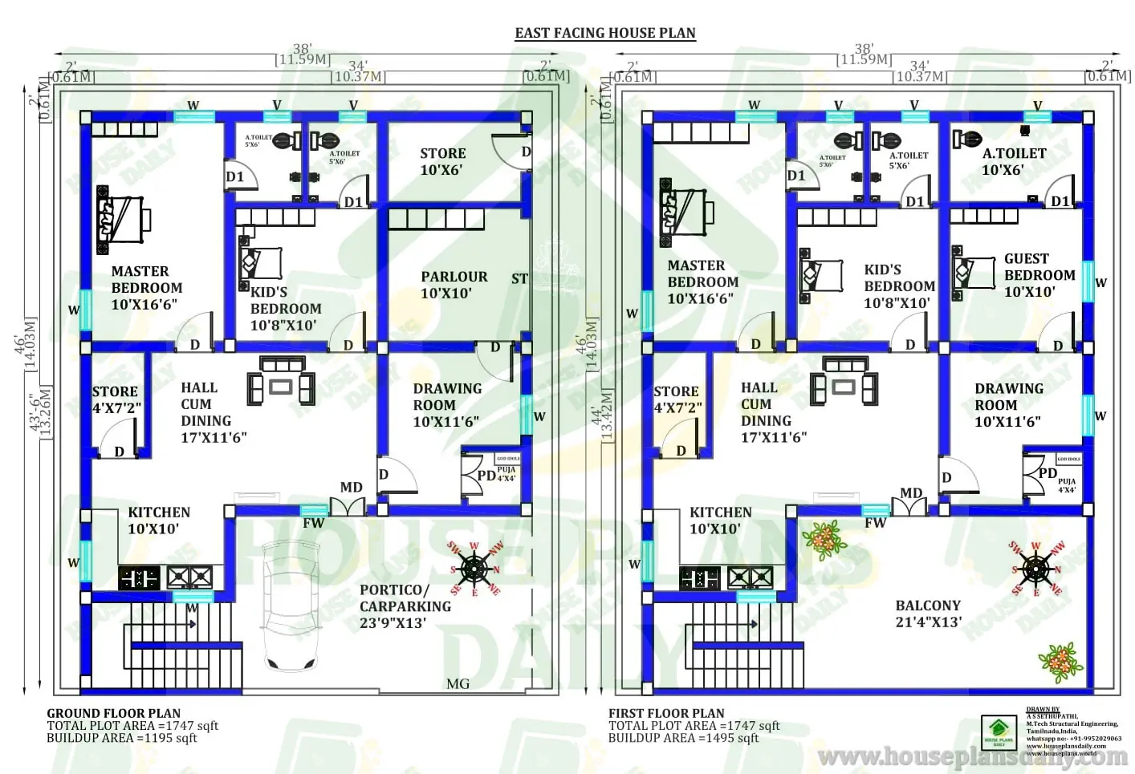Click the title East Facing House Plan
tap(604, 33)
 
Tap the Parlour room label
tap(454, 285)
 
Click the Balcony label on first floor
tap(928, 614)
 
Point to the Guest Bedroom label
tap(1039, 275)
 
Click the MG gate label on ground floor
tap(458, 683)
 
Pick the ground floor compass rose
tap(475, 569)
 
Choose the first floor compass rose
tap(1036, 569)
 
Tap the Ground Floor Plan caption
tap(113, 713)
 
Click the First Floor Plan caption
tap(666, 713)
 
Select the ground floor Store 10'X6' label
tap(442, 161)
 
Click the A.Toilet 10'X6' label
tap(1014, 161)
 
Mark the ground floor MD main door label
tap(351, 488)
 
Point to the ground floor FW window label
tap(313, 524)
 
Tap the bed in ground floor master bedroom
tap(124, 216)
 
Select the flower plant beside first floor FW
tap(824, 539)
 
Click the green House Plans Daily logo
tap(999, 731)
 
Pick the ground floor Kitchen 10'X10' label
tap(159, 521)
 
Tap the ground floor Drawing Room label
tap(447, 405)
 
